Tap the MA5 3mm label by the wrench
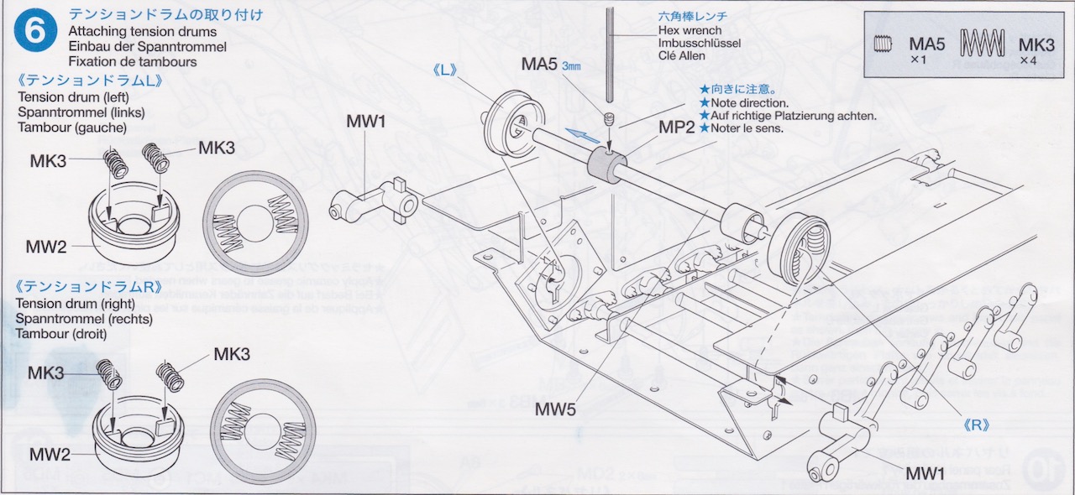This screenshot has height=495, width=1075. [x=551, y=64]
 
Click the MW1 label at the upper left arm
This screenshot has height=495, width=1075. [x=366, y=122]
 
